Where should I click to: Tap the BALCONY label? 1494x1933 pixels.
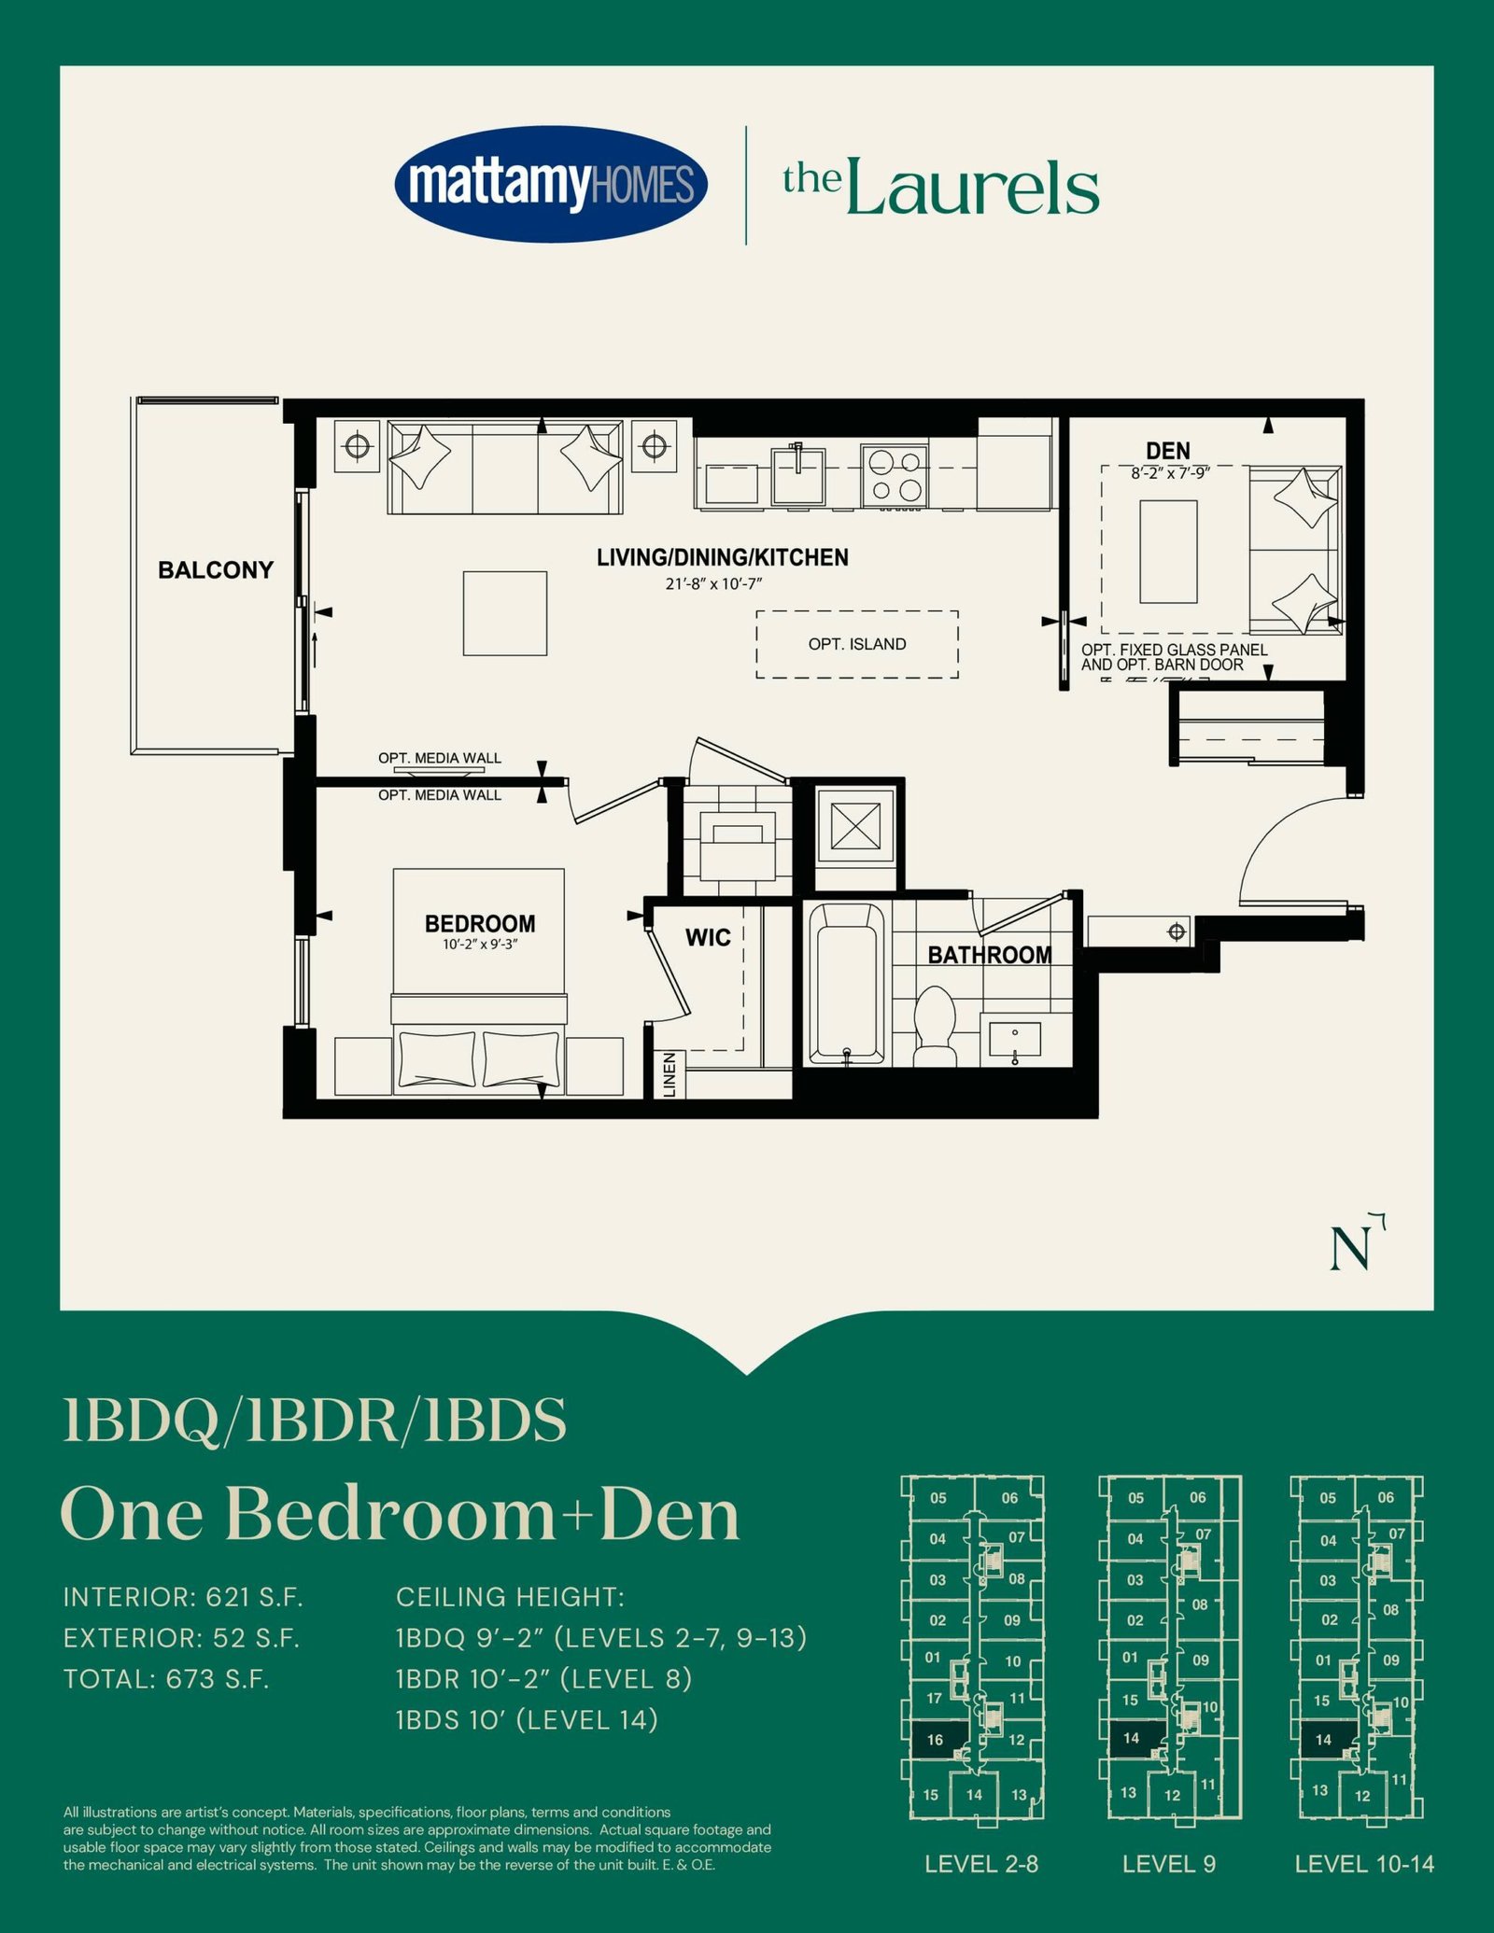click(x=216, y=570)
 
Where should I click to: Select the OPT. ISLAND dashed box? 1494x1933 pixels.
click(x=857, y=644)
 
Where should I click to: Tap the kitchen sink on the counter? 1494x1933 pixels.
click(x=798, y=474)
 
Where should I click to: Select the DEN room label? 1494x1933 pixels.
click(x=1168, y=451)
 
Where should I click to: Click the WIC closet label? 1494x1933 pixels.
click(x=708, y=937)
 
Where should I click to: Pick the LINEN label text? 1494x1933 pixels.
click(x=669, y=1074)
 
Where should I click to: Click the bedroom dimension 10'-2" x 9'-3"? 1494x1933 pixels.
click(x=480, y=945)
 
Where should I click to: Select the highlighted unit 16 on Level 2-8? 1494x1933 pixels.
click(x=935, y=1740)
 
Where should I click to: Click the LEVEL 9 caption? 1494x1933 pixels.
click(x=1169, y=1864)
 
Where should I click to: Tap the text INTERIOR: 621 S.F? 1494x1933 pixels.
click(x=184, y=1597)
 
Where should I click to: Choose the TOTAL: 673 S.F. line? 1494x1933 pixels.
click(x=166, y=1679)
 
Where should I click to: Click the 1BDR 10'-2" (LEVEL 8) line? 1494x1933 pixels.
click(x=544, y=1679)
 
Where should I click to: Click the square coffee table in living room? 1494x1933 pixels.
click(x=505, y=613)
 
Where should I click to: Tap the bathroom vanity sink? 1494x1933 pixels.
click(x=1014, y=1040)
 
